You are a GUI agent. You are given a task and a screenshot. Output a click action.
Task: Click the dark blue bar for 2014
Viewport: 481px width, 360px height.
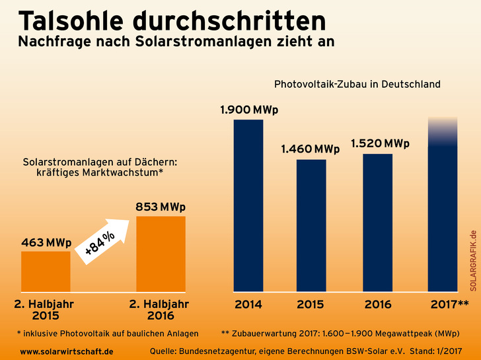pos(248,205)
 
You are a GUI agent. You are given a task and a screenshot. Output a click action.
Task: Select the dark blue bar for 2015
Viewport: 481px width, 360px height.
pos(311,225)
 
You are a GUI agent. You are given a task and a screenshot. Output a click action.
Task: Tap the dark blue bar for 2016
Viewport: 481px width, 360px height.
pos(378,222)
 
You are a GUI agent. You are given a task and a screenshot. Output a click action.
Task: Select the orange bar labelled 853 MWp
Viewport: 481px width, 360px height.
pos(161,254)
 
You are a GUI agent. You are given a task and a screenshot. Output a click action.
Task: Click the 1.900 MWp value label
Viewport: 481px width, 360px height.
pos(249,109)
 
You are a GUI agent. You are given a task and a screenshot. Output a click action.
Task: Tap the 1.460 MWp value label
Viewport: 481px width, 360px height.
pos(311,149)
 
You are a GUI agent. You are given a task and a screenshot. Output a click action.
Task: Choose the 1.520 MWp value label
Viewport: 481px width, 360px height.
pos(380,143)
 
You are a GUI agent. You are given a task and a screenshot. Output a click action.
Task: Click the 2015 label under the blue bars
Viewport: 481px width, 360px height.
pos(311,305)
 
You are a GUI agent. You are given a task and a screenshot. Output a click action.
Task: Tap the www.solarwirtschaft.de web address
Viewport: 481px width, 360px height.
pos(67,351)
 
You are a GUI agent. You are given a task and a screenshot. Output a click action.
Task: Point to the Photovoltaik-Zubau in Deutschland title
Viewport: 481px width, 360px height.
pos(357,85)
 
